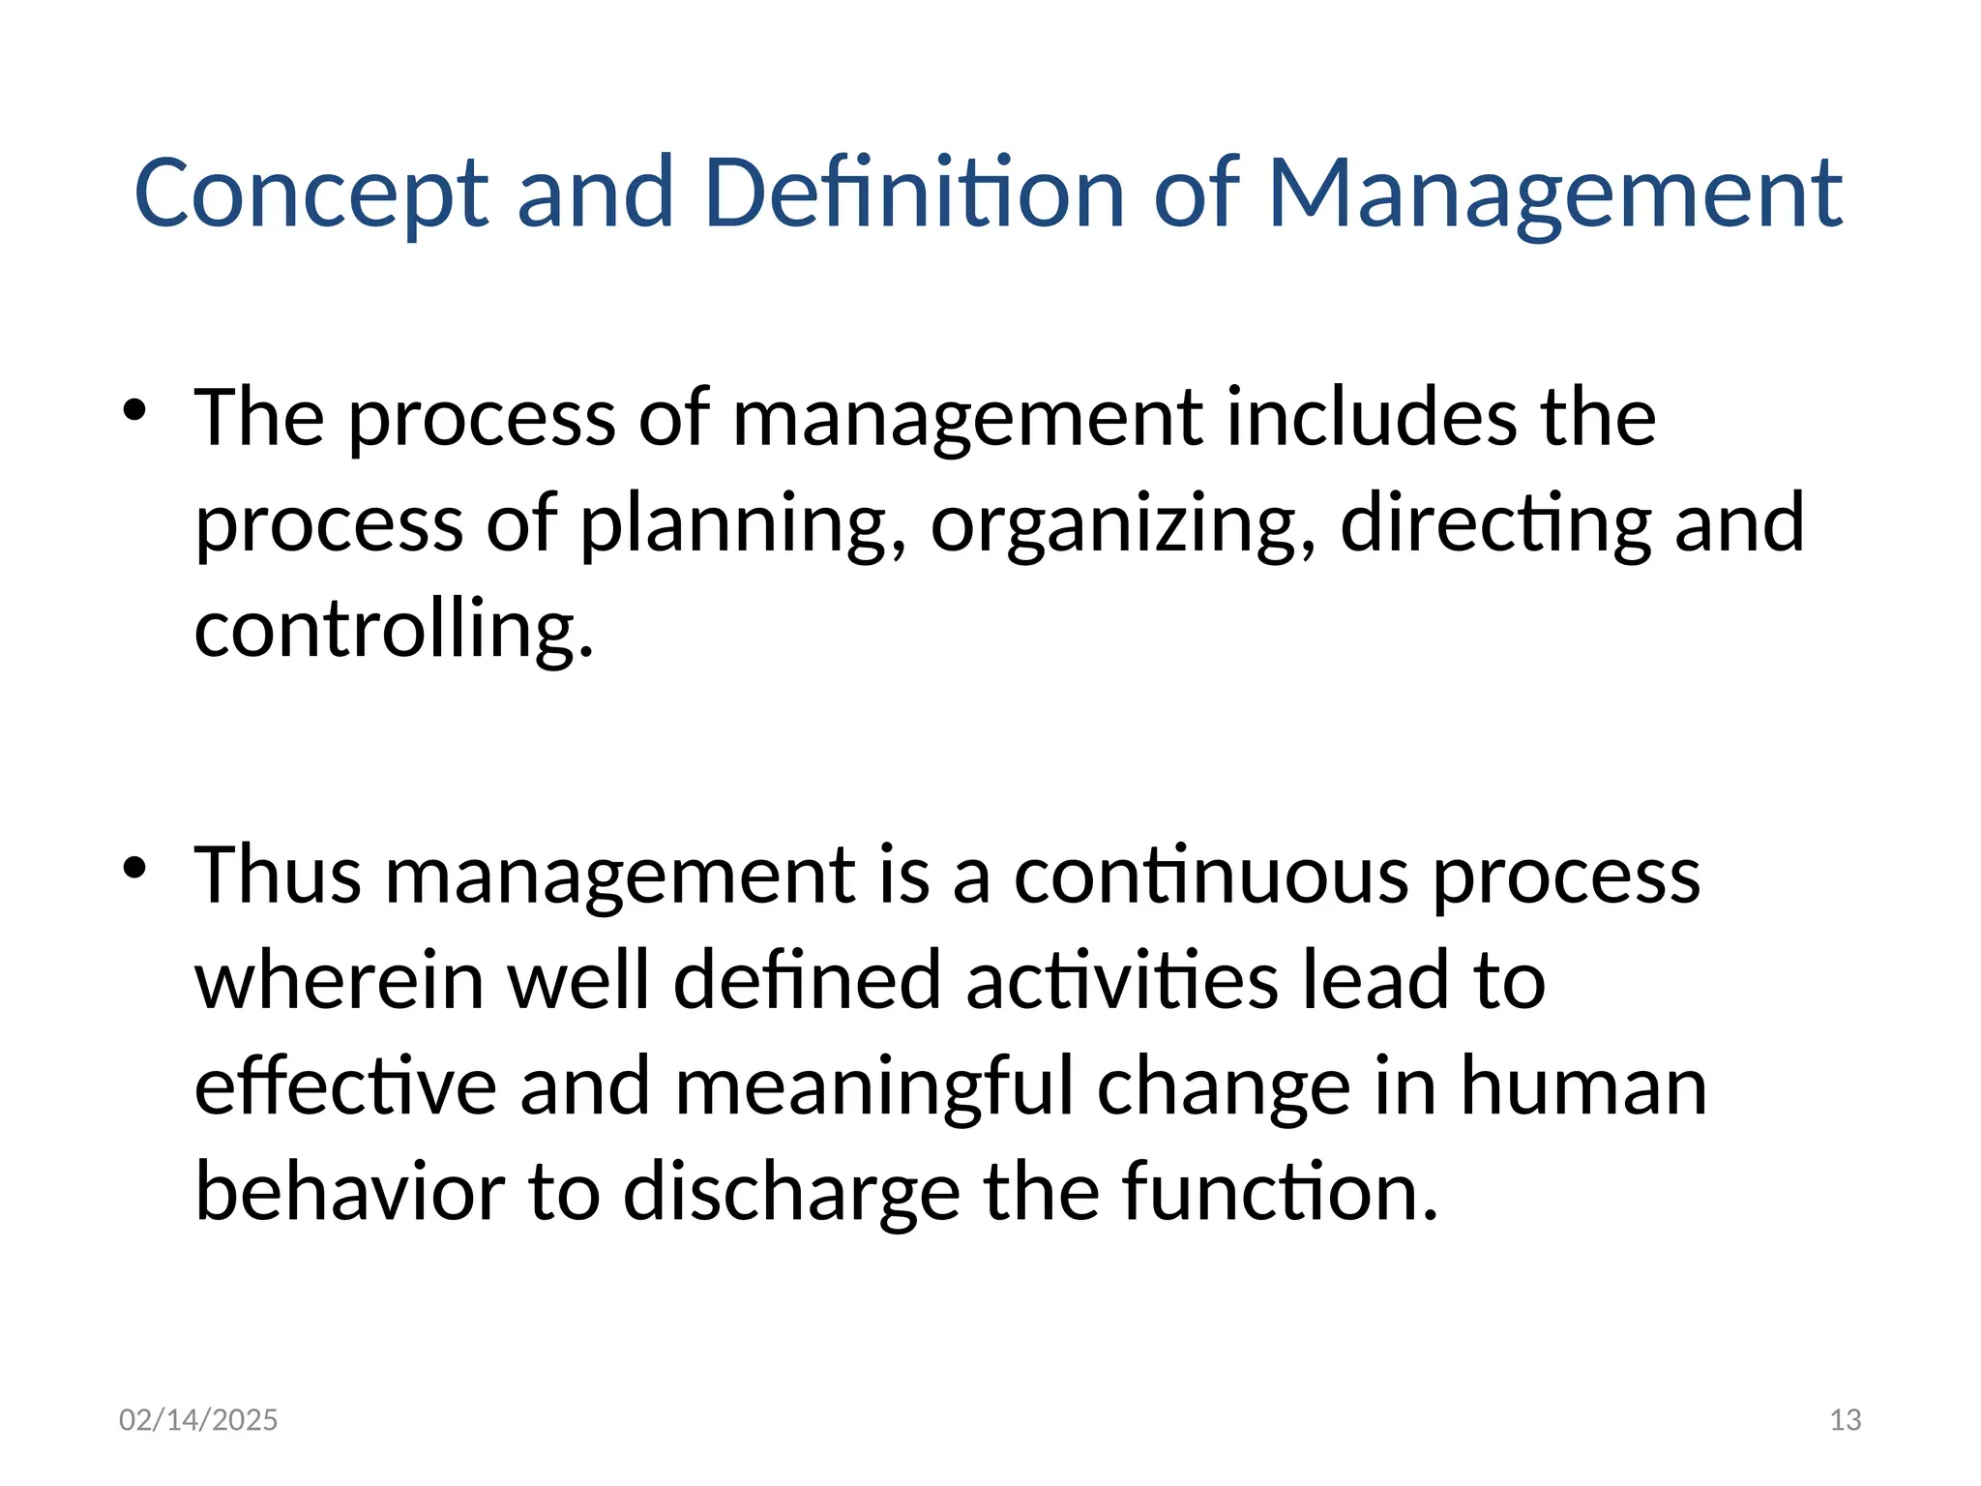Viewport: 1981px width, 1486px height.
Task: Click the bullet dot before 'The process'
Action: point(134,410)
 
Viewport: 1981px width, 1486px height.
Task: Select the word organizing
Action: point(1123,524)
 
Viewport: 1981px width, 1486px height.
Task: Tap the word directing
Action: point(1495,524)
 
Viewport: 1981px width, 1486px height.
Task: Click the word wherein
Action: point(340,981)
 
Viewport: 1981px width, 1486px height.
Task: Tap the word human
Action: point(1583,1087)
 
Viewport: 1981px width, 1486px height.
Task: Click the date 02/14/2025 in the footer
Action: point(198,1420)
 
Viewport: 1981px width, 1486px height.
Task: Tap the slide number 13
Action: point(1846,1420)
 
